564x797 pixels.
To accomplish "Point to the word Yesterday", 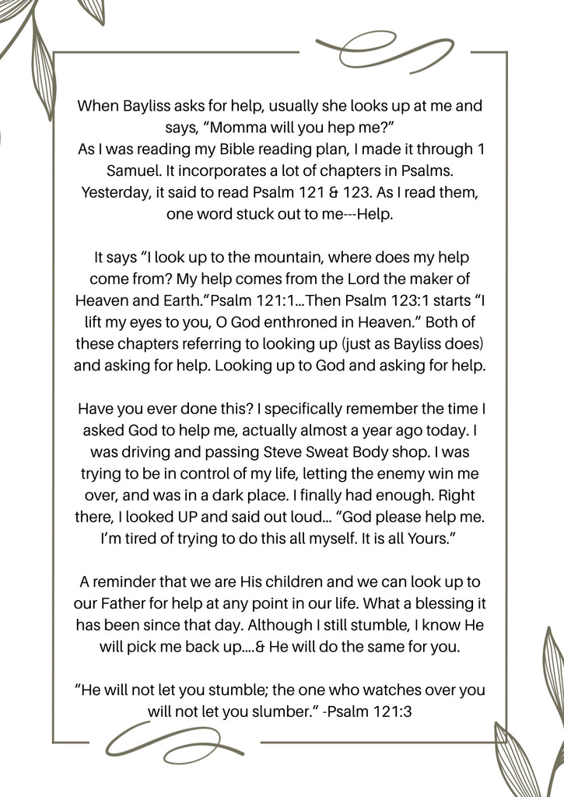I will (x=115, y=192).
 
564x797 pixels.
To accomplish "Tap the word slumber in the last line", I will (x=273, y=711).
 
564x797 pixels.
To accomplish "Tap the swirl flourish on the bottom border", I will (x=160, y=741).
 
